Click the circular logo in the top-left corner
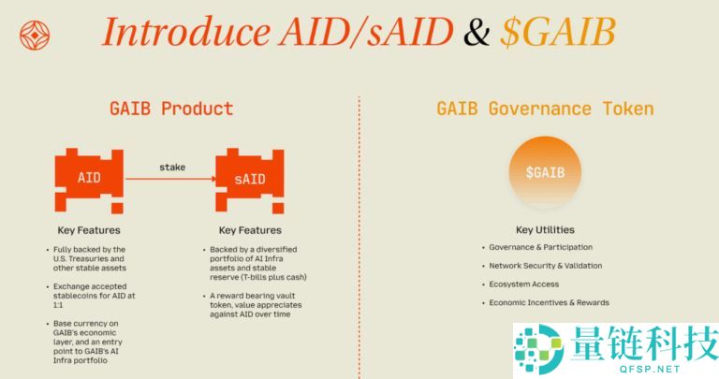(x=35, y=36)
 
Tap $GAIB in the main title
(x=557, y=32)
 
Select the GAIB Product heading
(x=170, y=109)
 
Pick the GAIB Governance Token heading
(x=545, y=109)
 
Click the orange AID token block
(x=89, y=176)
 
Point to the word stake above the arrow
(x=172, y=167)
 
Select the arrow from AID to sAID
(x=171, y=178)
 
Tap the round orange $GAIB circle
(x=545, y=173)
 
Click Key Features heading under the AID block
(x=89, y=230)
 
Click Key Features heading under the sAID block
(x=250, y=230)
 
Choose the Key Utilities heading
(x=545, y=230)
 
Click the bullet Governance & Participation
(x=540, y=248)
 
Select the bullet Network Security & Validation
(x=545, y=266)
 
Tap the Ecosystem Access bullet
(x=523, y=284)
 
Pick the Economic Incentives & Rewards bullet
(x=549, y=302)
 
